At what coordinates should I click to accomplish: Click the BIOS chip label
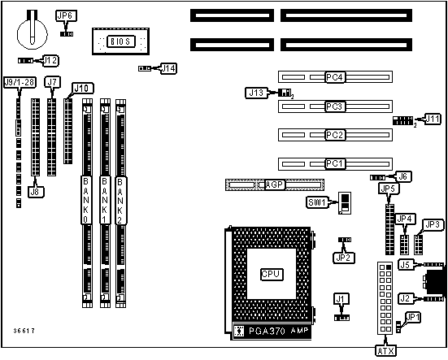click(x=121, y=41)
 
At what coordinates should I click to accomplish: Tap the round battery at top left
click(x=33, y=33)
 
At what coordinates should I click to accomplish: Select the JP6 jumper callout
click(x=66, y=15)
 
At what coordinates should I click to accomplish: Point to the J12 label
click(x=50, y=60)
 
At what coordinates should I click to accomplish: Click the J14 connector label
click(x=168, y=68)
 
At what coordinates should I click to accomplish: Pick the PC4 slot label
click(x=335, y=77)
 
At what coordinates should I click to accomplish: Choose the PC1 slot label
click(x=335, y=164)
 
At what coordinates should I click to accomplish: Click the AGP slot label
click(x=275, y=184)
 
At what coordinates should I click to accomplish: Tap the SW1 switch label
click(x=317, y=202)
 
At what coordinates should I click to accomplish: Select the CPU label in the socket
click(x=272, y=275)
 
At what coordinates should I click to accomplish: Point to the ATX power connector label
click(x=385, y=351)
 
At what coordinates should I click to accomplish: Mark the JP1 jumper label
click(x=413, y=318)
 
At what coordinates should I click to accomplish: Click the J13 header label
click(x=256, y=93)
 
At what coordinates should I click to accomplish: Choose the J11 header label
click(x=433, y=119)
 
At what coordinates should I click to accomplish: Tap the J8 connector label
click(x=36, y=192)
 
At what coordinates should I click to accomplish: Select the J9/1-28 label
click(x=20, y=82)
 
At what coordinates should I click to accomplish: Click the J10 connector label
click(x=83, y=89)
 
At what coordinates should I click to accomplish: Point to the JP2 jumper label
click(x=344, y=258)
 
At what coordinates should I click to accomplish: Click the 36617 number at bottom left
click(x=24, y=331)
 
